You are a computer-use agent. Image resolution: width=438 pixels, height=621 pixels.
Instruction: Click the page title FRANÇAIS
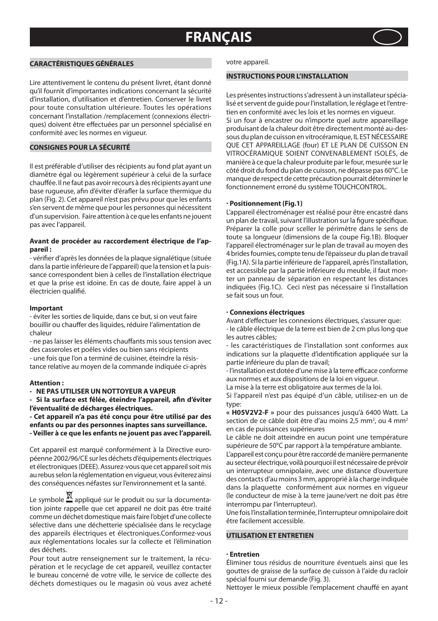(x=219, y=37)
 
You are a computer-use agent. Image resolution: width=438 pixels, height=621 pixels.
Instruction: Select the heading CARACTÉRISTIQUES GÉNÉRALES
(x=82, y=64)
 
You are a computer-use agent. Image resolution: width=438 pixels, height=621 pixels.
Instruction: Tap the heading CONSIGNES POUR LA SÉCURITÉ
(x=80, y=147)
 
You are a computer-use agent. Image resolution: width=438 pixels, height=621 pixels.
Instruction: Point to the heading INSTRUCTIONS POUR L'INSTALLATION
(x=287, y=76)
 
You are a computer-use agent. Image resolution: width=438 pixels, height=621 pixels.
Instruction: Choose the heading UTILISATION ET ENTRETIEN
(x=270, y=536)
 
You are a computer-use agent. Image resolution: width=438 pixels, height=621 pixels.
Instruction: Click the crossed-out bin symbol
(x=69, y=497)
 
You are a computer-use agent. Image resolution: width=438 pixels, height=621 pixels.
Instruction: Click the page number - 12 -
(x=219, y=601)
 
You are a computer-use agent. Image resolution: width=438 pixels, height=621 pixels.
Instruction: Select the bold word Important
(x=46, y=308)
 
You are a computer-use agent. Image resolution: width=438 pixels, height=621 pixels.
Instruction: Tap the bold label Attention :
(x=46, y=383)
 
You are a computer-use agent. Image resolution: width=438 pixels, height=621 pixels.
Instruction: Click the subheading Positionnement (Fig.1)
(x=265, y=203)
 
